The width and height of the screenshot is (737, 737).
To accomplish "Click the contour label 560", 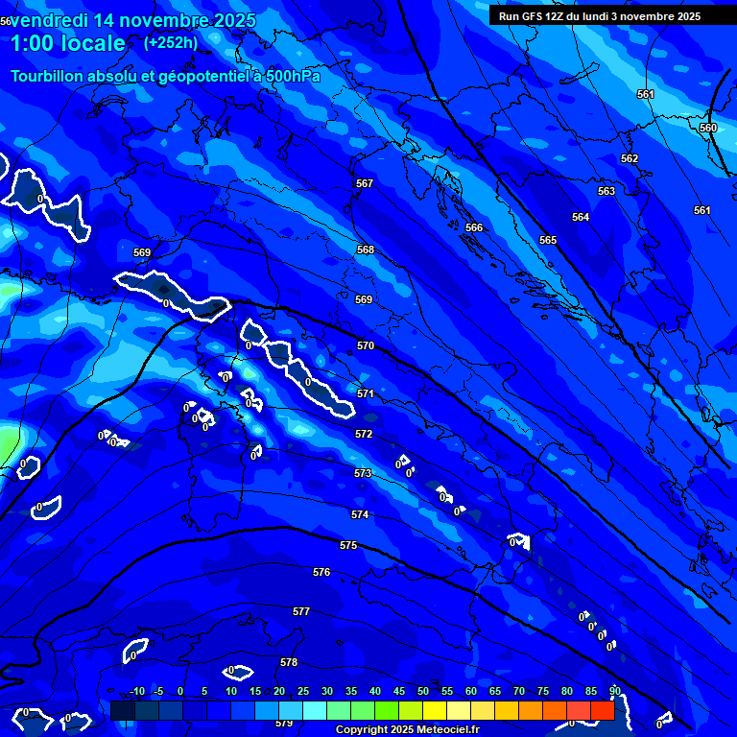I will point(708,128).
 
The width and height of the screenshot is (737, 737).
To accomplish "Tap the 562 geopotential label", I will point(630,158).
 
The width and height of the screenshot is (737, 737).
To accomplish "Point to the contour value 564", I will point(581,217).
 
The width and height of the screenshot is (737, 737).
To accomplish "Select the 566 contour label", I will point(474,227).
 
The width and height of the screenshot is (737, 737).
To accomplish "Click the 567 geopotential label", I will point(365,183).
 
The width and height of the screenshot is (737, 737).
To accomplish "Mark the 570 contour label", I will point(366,345).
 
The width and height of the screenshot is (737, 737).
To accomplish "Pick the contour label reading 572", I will point(364,435).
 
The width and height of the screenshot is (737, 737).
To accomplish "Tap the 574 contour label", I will point(360,515).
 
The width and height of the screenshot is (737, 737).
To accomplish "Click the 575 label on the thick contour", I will point(348,545).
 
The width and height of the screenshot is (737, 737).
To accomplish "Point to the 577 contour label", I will point(301,611).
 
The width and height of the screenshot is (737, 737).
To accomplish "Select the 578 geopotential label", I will point(289,662).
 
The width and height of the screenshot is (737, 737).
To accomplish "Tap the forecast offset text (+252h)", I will point(170,42).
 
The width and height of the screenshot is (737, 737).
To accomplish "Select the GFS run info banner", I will point(600,16).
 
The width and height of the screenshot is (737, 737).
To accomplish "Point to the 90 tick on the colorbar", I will point(614,691).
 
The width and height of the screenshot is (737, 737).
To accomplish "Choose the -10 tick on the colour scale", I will point(136,691).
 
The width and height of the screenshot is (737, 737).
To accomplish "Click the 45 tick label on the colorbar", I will point(399,691).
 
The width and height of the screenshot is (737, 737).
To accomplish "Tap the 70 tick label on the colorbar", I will point(519,691).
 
